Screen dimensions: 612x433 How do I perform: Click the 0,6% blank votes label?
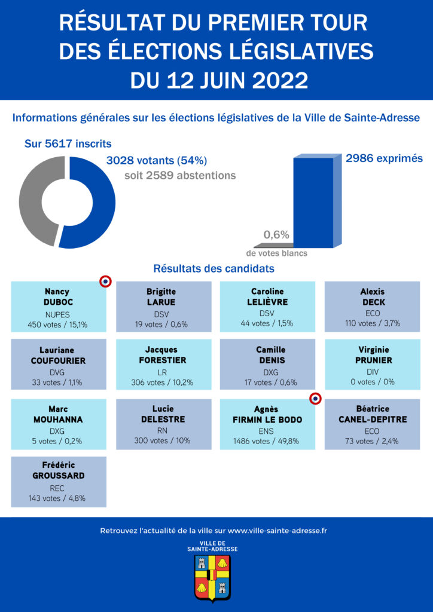[276, 235]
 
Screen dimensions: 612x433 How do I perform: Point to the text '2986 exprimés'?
[384, 158]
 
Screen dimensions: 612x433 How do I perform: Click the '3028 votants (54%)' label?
[157, 160]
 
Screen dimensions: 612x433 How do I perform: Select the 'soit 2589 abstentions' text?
[180, 176]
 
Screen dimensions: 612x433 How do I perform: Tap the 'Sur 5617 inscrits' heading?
[68, 143]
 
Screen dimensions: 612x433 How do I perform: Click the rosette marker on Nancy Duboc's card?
[105, 281]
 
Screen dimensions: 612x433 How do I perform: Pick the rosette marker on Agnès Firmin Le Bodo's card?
[316, 399]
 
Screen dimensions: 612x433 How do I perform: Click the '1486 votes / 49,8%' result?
[267, 442]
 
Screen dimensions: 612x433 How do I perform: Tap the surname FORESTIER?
[163, 360]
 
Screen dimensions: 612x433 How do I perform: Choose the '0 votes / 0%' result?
[372, 383]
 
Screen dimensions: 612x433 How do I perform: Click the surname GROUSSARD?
[59, 476]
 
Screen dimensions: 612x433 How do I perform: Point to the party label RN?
[163, 431]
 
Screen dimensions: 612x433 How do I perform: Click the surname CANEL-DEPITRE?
[372, 420]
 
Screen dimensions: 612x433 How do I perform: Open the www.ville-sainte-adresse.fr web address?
[278, 531]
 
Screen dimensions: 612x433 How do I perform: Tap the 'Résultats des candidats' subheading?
[214, 268]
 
